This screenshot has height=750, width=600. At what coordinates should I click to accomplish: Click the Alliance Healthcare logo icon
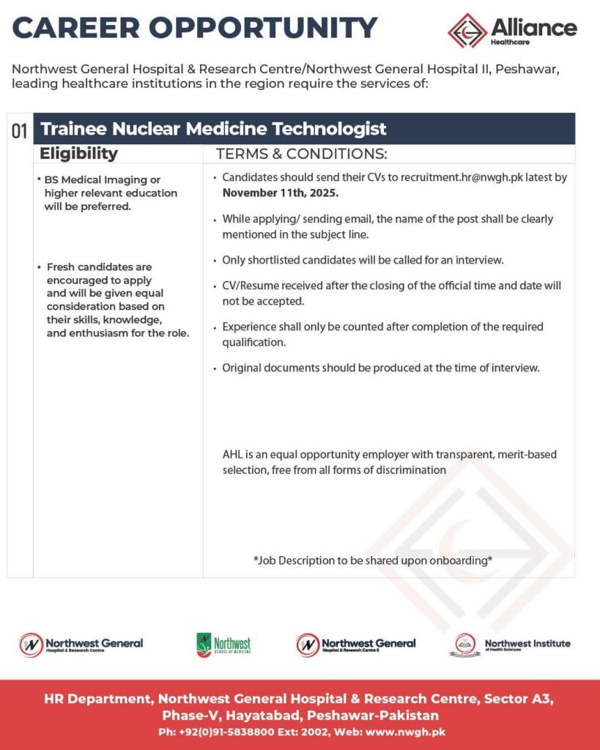(x=467, y=30)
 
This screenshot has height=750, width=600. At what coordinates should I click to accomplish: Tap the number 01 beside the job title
(x=20, y=131)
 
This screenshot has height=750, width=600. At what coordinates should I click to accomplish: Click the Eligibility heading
(x=78, y=153)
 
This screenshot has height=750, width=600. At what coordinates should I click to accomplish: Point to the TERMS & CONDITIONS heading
(x=301, y=154)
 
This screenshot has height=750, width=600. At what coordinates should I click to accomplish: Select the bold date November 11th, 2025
(x=280, y=193)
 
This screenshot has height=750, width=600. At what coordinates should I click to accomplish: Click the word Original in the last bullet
(x=242, y=368)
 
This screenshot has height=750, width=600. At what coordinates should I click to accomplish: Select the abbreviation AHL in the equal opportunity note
(x=233, y=454)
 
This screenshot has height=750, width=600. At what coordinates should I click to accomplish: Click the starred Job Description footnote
(x=373, y=560)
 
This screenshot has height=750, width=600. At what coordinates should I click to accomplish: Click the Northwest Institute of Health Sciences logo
(x=510, y=645)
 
